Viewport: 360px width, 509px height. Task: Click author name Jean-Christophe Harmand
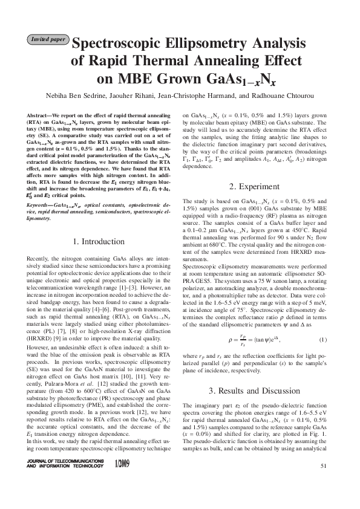click(x=205, y=96)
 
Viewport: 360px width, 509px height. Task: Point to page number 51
click(x=323, y=465)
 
